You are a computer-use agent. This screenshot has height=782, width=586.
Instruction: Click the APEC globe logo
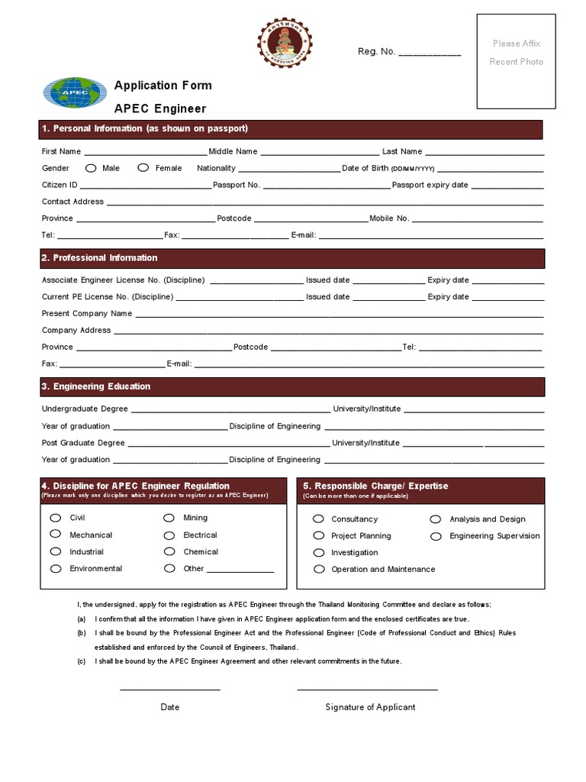point(75,93)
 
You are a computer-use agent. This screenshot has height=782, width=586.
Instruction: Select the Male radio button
point(91,168)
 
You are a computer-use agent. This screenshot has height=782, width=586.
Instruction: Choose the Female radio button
point(143,168)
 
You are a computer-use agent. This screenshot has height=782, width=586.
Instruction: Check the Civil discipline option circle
point(55,518)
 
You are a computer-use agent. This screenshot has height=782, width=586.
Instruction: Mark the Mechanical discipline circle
point(55,535)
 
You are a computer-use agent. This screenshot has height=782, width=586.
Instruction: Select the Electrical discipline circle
point(169,535)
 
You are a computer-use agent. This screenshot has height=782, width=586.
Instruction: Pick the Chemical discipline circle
point(169,551)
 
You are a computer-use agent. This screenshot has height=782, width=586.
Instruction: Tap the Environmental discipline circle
point(55,568)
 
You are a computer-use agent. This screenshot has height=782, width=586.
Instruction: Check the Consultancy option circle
point(319,519)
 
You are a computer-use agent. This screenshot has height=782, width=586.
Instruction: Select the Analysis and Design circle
point(436,519)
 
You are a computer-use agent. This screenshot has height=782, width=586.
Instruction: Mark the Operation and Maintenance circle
point(319,569)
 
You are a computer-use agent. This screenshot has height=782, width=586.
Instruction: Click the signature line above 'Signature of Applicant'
point(367,690)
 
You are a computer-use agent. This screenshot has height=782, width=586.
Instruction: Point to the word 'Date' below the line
point(170,707)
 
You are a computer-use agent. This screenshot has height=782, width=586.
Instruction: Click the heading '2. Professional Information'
point(100,258)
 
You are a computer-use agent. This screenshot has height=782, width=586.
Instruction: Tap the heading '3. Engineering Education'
point(96,386)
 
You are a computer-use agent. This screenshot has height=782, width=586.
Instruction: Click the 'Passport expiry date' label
point(430,186)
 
